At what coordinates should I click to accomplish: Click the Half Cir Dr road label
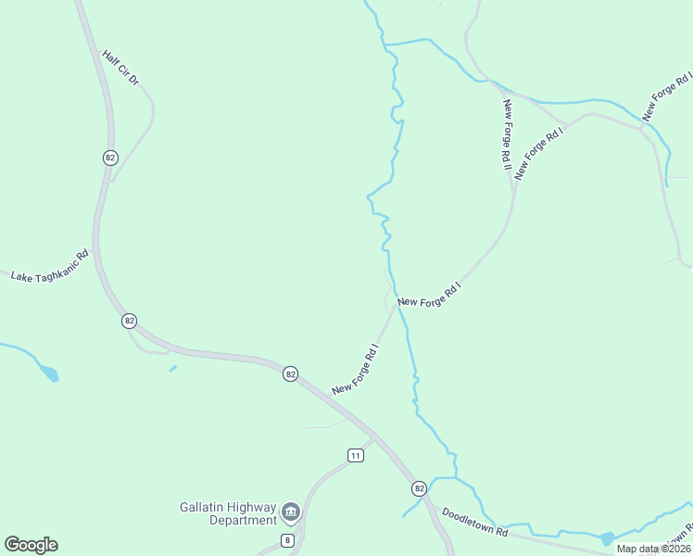click(121, 69)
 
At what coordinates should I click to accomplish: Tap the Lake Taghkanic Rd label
click(49, 266)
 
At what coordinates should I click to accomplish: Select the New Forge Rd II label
click(508, 134)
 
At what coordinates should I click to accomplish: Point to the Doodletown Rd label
click(475, 521)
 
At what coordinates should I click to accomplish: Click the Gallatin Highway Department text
click(228, 513)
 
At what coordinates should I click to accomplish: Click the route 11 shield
click(356, 455)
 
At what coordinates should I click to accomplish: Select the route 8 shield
click(288, 540)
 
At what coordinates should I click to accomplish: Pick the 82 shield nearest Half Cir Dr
click(110, 158)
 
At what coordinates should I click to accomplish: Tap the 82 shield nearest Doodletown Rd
click(419, 488)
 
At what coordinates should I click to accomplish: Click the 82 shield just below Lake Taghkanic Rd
click(129, 321)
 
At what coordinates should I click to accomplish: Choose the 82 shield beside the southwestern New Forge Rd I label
click(291, 373)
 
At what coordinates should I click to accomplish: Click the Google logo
click(31, 545)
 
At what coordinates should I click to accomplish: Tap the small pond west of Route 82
click(48, 373)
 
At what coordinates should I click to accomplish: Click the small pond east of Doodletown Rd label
click(607, 538)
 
